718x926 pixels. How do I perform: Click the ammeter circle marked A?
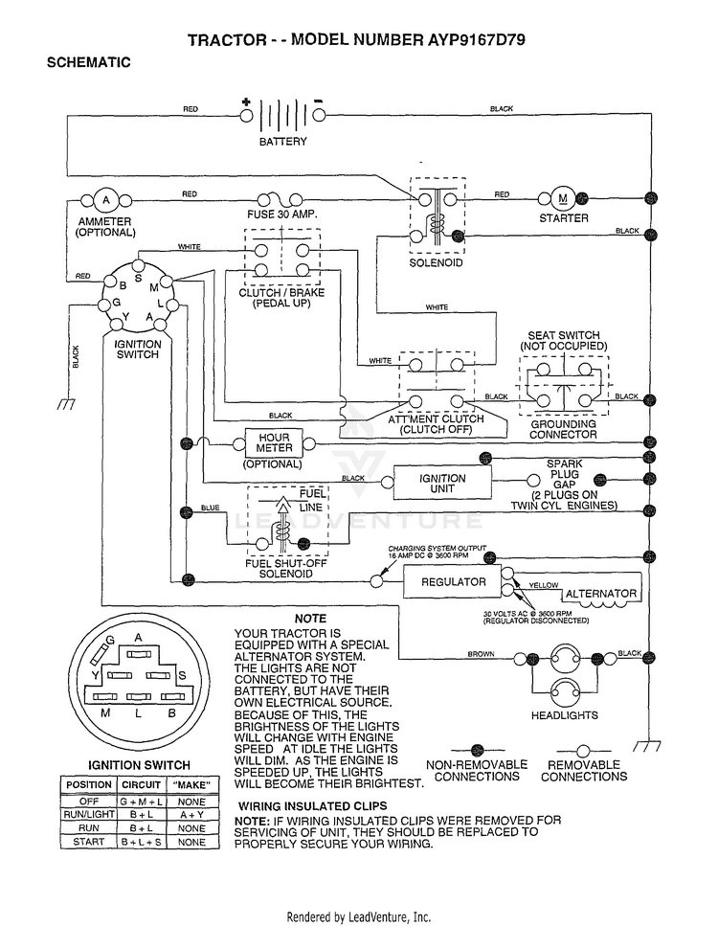tap(106, 200)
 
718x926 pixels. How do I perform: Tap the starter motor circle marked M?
tap(563, 199)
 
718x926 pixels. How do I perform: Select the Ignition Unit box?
tap(442, 483)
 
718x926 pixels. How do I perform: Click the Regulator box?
tap(453, 581)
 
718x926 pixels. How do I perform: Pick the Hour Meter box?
tap(274, 443)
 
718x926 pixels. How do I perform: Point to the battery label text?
tap(282, 142)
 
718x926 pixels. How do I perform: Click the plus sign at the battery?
tap(246, 102)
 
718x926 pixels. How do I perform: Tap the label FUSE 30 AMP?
tap(281, 215)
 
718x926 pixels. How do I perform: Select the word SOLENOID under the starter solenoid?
tap(436, 262)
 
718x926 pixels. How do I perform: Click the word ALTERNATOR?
tap(601, 594)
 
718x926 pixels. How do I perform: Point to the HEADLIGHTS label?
tap(565, 715)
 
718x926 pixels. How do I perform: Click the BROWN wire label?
tap(481, 654)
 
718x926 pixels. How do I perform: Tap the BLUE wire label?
tap(211, 508)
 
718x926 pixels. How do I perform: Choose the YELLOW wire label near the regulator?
tap(543, 585)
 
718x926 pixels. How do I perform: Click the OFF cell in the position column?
tap(89, 802)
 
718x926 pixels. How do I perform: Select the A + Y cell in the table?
tap(191, 815)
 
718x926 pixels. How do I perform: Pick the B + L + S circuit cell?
tap(141, 842)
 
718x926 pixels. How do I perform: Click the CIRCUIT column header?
tap(141, 785)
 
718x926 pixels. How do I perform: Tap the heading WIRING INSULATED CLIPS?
tap(313, 806)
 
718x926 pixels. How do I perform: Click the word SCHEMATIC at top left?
tap(89, 62)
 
